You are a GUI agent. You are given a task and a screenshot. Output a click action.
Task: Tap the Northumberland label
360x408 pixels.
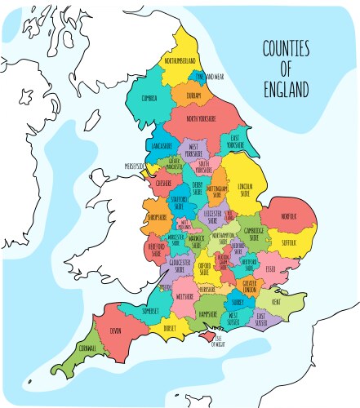[180, 60]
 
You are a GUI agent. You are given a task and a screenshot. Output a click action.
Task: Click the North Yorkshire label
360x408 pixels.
[202, 119]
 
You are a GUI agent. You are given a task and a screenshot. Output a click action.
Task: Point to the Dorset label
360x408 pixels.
[170, 328]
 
